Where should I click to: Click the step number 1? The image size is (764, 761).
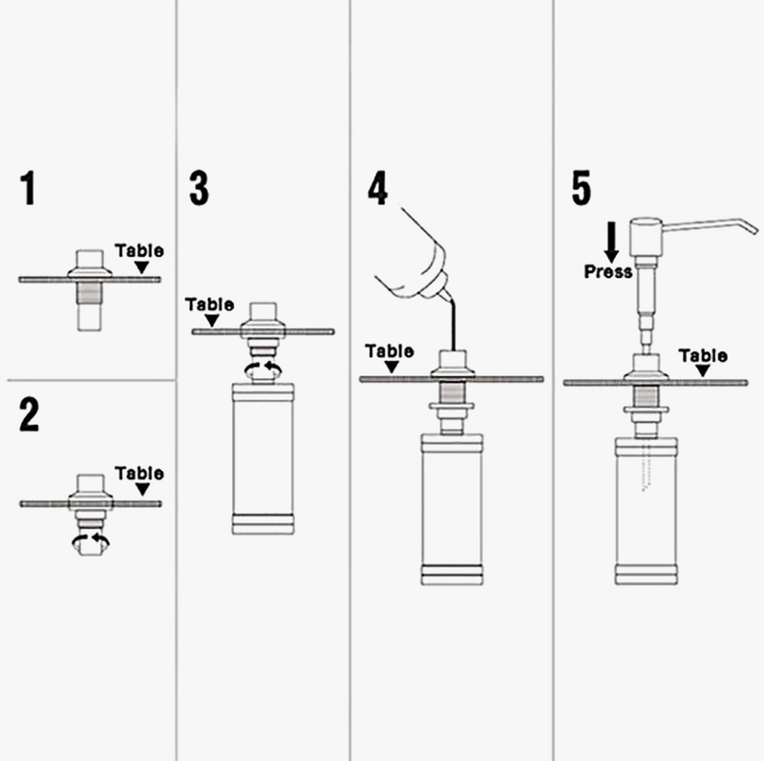29,188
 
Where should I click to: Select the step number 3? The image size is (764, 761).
198,188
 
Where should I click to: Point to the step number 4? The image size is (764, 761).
378,188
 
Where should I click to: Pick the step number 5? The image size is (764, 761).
581,188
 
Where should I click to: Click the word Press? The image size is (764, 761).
607,272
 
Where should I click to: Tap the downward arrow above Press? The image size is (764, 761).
611,242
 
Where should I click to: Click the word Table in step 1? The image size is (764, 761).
139,251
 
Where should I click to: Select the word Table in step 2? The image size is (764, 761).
139,474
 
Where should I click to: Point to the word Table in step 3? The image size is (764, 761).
210,305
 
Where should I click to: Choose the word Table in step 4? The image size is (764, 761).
390,351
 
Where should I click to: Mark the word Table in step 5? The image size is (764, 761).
703,356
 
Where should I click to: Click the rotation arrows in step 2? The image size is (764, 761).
92,541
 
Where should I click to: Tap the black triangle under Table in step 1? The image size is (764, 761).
141,267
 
